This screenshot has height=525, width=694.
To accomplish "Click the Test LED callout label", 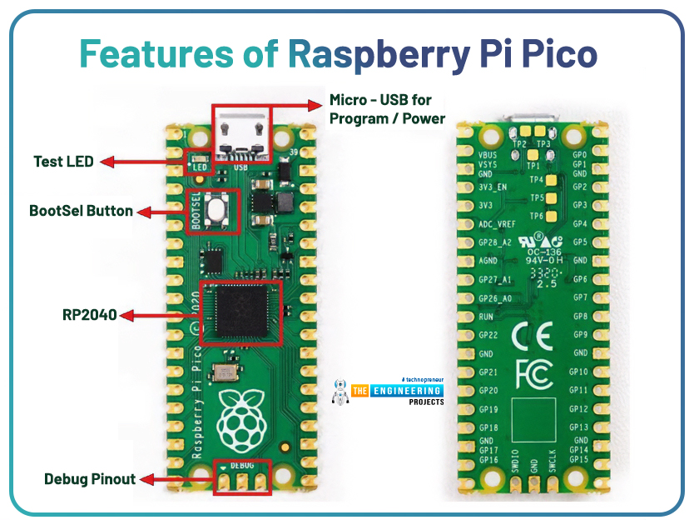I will pyautogui.click(x=64, y=162).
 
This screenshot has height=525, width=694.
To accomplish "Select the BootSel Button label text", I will pyautogui.click(x=81, y=211).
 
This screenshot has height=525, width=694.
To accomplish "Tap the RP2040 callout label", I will pyautogui.click(x=89, y=315).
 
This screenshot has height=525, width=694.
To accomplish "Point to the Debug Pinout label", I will pyautogui.click(x=89, y=479).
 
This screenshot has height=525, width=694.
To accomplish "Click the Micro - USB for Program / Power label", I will pyautogui.click(x=387, y=109).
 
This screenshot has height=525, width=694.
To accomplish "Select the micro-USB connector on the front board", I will pyautogui.click(x=242, y=132).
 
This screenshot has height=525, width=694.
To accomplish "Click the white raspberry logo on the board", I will pyautogui.click(x=240, y=417).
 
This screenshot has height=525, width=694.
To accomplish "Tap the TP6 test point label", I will pyautogui.click(x=536, y=216).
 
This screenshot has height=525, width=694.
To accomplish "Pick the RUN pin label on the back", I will pyautogui.click(x=488, y=317).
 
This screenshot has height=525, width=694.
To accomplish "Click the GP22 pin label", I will pyautogui.click(x=489, y=335).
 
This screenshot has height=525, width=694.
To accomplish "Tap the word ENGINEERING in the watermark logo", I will pyautogui.click(x=408, y=391).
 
